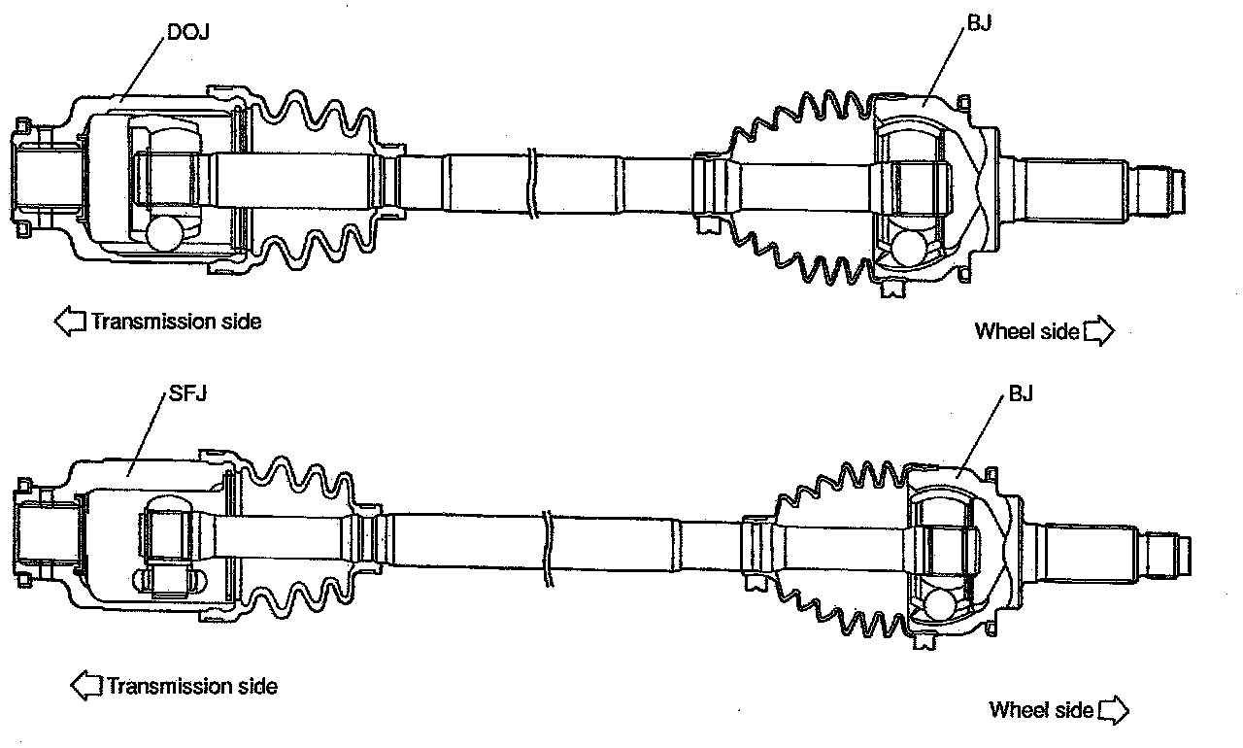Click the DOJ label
click(188, 32)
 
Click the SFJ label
click(187, 393)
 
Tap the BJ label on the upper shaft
click(979, 22)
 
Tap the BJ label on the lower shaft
click(1021, 393)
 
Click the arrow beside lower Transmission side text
click(86, 685)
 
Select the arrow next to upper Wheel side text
click(1098, 331)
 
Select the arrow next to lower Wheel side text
click(1114, 710)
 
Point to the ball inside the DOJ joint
click(164, 233)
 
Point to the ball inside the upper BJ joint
click(910, 249)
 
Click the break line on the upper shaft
click(533, 184)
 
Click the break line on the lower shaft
click(549, 548)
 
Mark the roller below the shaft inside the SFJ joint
click(170, 581)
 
